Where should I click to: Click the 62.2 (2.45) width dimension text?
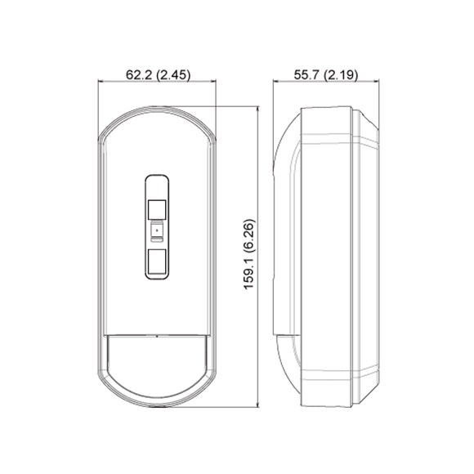[x=158, y=75]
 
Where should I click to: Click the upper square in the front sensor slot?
[x=157, y=208]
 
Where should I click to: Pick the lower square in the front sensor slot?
[x=157, y=262]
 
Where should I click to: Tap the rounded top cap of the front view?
[x=158, y=123]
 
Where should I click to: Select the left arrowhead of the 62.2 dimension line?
[x=101, y=83]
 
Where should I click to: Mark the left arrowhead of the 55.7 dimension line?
[x=274, y=83]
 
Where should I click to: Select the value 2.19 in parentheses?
[x=339, y=75]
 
